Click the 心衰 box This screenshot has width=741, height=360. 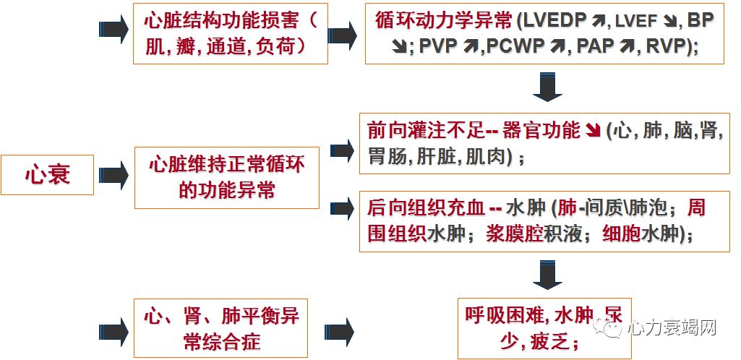coord(47,175)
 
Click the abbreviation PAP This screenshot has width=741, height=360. coord(596,47)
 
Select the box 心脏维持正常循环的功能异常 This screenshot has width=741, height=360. coord(226,177)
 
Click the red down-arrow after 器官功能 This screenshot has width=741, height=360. coord(593,131)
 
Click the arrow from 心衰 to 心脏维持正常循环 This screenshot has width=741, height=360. coord(113,176)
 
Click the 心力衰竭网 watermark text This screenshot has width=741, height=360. coord(672,327)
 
